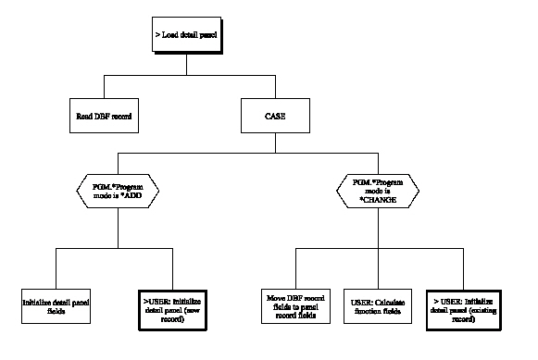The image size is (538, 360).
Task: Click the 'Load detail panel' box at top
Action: coord(187,37)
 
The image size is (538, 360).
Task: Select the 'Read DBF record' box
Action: coord(102,118)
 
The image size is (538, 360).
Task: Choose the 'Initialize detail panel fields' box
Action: coord(56,302)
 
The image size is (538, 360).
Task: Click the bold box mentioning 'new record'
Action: coord(169,302)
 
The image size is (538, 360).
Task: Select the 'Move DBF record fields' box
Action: coord(295,302)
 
